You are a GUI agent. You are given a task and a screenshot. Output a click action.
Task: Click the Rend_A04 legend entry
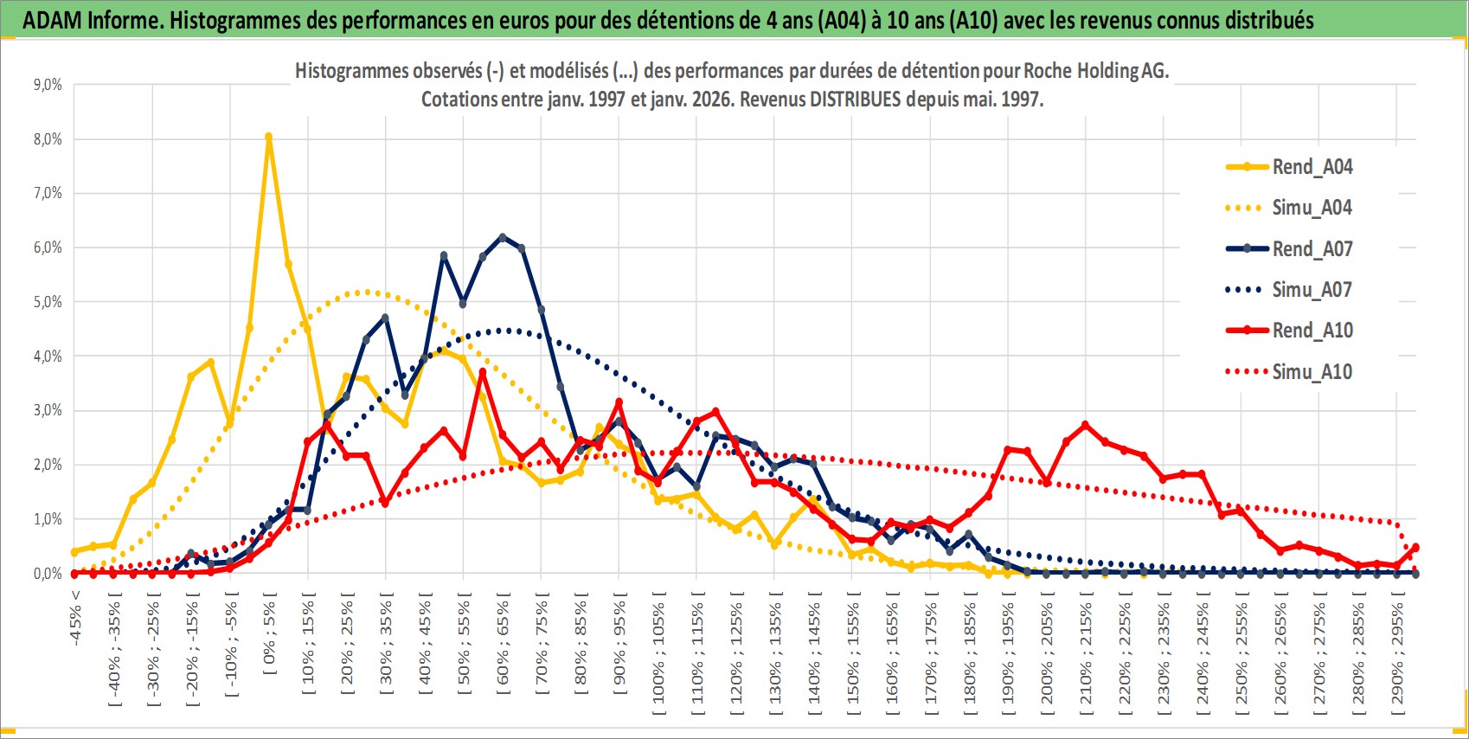[1312, 167]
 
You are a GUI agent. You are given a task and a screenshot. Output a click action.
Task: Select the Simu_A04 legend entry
[1312, 208]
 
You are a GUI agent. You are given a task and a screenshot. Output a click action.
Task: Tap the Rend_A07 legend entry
[1312, 249]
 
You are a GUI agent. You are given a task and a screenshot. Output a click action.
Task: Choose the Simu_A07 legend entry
[1312, 290]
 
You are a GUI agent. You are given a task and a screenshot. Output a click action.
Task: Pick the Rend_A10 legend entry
[1312, 331]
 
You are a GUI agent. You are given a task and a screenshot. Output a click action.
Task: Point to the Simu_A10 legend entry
[1312, 372]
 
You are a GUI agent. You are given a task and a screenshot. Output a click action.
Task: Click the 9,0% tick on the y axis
[48, 85]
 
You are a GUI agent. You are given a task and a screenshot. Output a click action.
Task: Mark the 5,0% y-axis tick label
[48, 302]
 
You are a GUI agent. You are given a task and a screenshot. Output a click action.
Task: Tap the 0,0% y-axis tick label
[48, 574]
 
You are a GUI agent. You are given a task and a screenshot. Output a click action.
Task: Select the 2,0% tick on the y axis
[48, 465]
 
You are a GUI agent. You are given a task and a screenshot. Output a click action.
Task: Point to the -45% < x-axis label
[75, 619]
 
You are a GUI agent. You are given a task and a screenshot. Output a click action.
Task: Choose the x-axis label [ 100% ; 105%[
[658, 652]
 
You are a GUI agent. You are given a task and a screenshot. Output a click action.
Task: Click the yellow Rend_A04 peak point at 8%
[269, 137]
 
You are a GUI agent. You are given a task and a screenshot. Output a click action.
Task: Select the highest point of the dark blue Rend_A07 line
[503, 236]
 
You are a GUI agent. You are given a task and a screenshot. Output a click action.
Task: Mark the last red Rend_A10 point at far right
[1415, 547]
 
